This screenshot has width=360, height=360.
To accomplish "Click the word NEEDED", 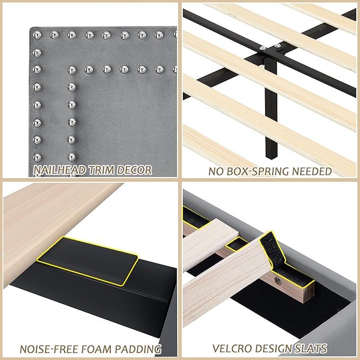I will click(312, 171).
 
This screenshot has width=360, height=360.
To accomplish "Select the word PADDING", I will click(140, 349).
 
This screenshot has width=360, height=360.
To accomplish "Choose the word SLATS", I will click(313, 349).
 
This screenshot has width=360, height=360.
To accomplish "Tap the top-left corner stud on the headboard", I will click(37, 36).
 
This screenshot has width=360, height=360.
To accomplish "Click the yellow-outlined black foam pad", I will click(87, 259).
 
